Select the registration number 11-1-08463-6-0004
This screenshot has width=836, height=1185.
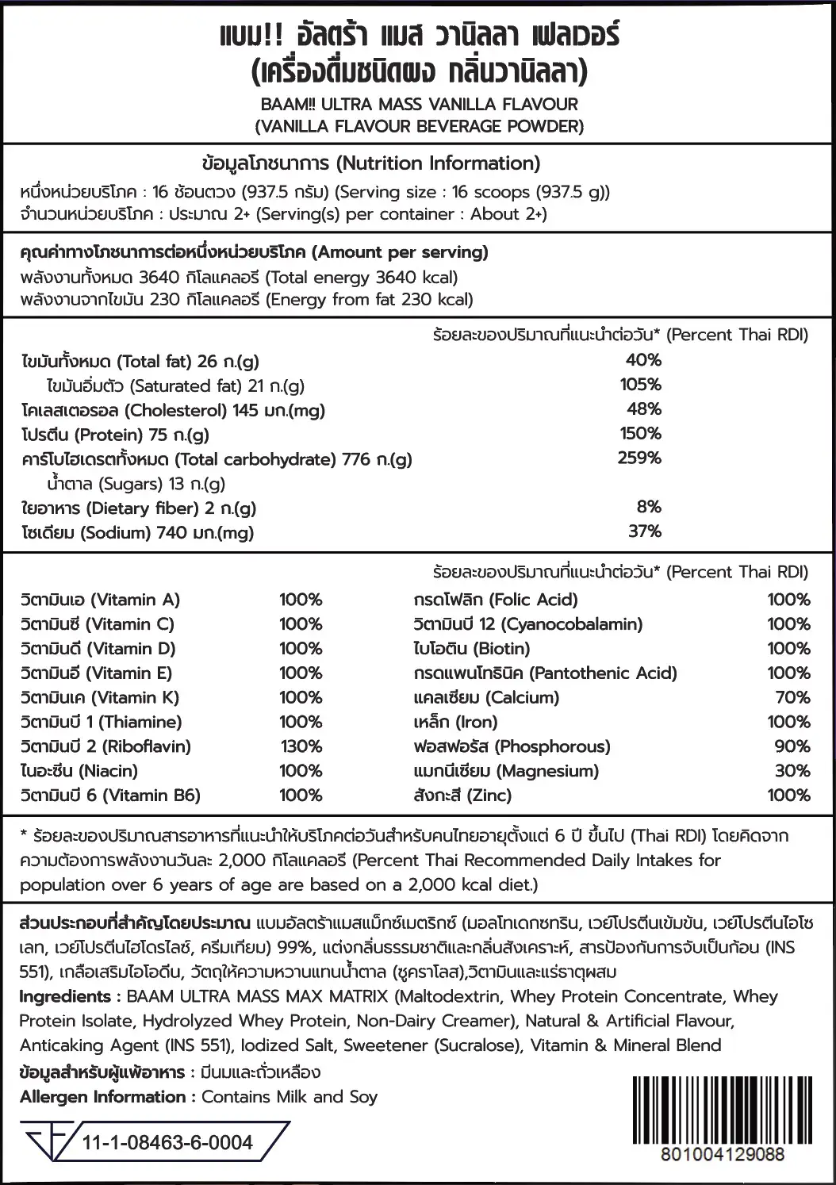[x=167, y=1143]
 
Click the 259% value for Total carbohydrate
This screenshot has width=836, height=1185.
[x=639, y=458]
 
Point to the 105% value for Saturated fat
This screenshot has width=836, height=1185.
[x=640, y=385]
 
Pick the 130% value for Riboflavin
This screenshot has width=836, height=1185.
[x=301, y=746]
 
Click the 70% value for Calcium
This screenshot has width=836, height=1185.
[x=792, y=697]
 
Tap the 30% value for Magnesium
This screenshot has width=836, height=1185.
[x=792, y=771]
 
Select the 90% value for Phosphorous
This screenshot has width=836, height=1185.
[x=792, y=746]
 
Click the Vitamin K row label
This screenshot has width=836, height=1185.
[x=100, y=697]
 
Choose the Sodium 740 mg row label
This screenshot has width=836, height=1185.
[x=137, y=533]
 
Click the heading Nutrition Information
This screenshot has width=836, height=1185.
[x=438, y=163]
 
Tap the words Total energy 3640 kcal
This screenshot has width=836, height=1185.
[x=362, y=278]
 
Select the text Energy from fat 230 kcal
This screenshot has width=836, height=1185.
[x=370, y=300]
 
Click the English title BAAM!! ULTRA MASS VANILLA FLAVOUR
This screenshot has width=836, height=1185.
[x=420, y=104]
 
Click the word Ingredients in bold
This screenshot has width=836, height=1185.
[x=64, y=996]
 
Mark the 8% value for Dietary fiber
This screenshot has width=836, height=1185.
[x=648, y=508]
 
